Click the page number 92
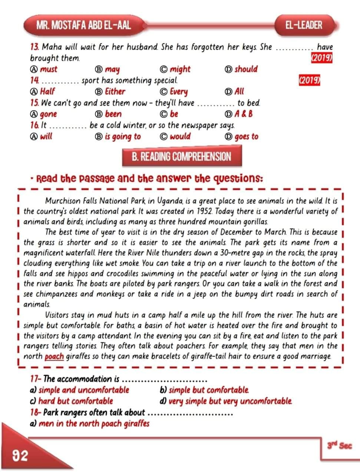pos(20,455)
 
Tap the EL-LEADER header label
pos(304,25)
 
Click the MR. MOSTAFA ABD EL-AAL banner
pos(84,25)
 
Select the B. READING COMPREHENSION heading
pos(181,156)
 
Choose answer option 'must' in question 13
pos(48,69)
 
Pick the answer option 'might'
pos(180,69)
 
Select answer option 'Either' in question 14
pos(115,92)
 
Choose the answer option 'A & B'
pos(244,114)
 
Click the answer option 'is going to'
pos(123,136)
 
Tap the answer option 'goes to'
pos(246,136)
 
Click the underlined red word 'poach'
pos(54,357)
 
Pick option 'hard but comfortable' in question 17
pos(76,401)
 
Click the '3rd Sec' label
pos(339,446)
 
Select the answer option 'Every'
pos(179,92)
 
